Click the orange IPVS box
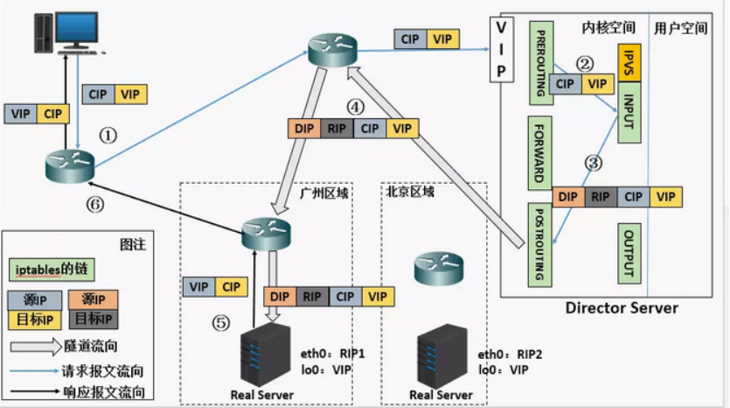click(x=629, y=63)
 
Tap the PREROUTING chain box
click(x=541, y=63)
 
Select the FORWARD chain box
click(x=539, y=153)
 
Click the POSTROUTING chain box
click(x=539, y=244)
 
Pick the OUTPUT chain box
click(x=629, y=254)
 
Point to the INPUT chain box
click(x=629, y=112)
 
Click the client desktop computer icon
click(x=68, y=32)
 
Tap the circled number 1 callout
click(x=108, y=136)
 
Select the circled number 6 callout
click(x=95, y=204)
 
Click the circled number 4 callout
click(x=355, y=107)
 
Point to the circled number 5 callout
click(x=221, y=323)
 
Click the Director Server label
click(x=622, y=307)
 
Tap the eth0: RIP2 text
click(x=510, y=355)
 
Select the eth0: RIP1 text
click(x=332, y=354)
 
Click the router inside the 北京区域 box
click(x=439, y=268)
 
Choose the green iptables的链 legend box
click(x=52, y=270)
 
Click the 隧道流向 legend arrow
click(x=36, y=347)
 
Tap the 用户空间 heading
click(x=681, y=28)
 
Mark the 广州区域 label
click(x=323, y=193)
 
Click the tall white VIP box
click(x=502, y=50)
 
